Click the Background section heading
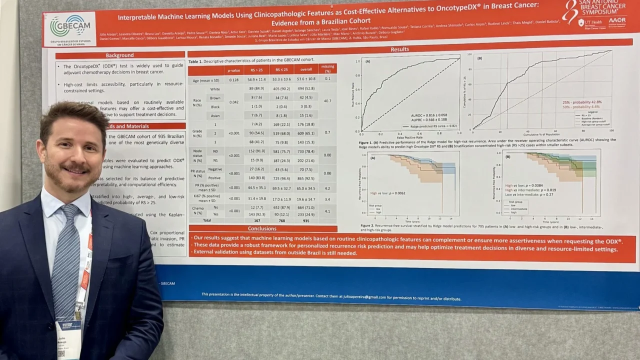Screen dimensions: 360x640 [119, 55]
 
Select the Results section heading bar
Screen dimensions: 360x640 [399, 49]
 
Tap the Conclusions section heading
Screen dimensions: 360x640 [262, 228]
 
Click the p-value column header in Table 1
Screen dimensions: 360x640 [233, 69]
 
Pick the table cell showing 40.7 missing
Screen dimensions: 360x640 [327, 101]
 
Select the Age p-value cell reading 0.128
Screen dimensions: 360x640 [233, 79]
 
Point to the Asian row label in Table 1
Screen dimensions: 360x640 [215, 115]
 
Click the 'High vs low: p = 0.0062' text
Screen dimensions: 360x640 [388, 193]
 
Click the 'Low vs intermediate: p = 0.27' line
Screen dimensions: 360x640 [531, 194]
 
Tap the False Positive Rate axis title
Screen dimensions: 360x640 [409, 137]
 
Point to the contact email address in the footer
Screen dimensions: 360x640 [349, 297]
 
